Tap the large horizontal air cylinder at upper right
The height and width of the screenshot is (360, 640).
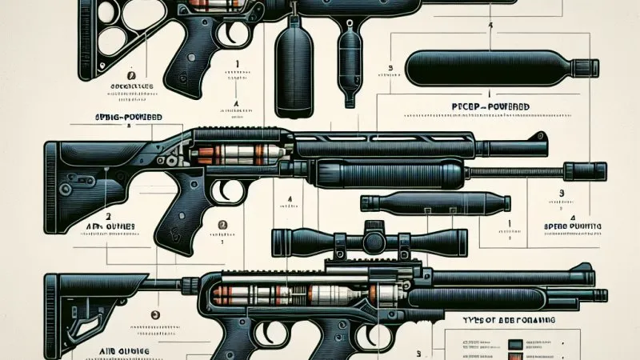coord(500,65)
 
